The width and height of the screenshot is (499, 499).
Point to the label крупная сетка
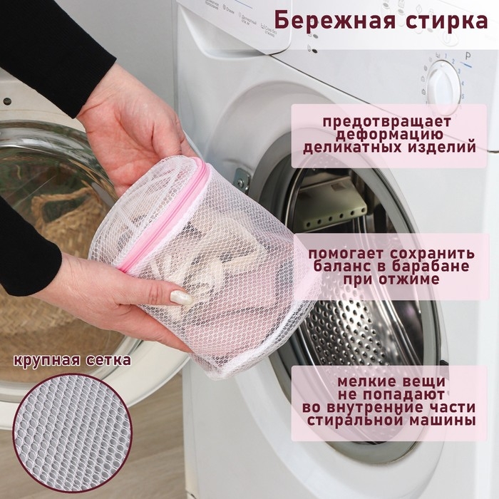coord(72,360)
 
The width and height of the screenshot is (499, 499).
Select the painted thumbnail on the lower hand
coord(180,297)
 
